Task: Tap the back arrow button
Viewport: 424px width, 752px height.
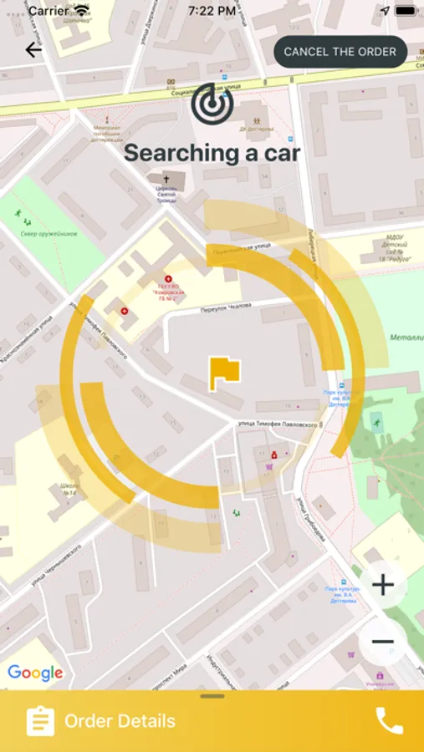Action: (33, 50)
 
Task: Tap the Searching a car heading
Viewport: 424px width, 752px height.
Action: (212, 153)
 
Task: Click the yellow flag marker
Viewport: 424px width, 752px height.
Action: (224, 372)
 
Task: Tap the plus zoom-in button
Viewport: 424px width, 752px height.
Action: (383, 585)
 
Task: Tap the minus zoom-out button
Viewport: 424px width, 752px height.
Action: (383, 642)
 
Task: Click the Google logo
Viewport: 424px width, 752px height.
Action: (35, 673)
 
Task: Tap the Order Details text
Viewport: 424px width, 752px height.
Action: (120, 721)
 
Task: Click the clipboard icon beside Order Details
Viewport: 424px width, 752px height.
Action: (40, 721)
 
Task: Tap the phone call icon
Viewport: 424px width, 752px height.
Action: (389, 721)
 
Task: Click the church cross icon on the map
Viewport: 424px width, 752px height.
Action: (166, 179)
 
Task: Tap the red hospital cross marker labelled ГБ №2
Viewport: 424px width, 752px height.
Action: (168, 279)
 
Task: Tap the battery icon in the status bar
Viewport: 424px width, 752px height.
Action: (406, 12)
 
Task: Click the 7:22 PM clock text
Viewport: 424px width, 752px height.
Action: (212, 12)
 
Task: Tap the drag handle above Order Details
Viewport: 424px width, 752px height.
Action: (212, 696)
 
